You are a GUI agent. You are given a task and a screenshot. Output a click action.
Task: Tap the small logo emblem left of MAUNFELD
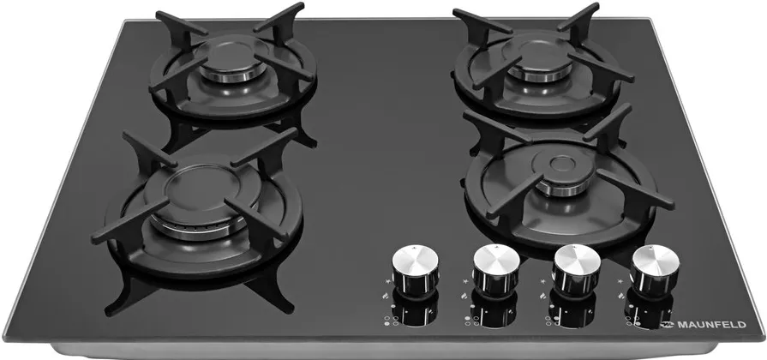point(668,324)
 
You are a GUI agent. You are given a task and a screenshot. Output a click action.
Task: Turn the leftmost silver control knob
point(416,269)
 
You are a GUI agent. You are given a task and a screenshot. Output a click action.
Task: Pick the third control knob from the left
point(576,269)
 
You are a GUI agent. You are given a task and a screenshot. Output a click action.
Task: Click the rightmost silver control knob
point(655,271)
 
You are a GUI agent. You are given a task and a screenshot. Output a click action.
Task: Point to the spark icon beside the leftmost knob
point(388,282)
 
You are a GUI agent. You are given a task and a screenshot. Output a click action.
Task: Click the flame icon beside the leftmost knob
point(386,296)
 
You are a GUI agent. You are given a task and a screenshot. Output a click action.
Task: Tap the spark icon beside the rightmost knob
point(620,281)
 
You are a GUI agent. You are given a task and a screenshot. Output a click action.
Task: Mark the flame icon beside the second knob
point(464,296)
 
